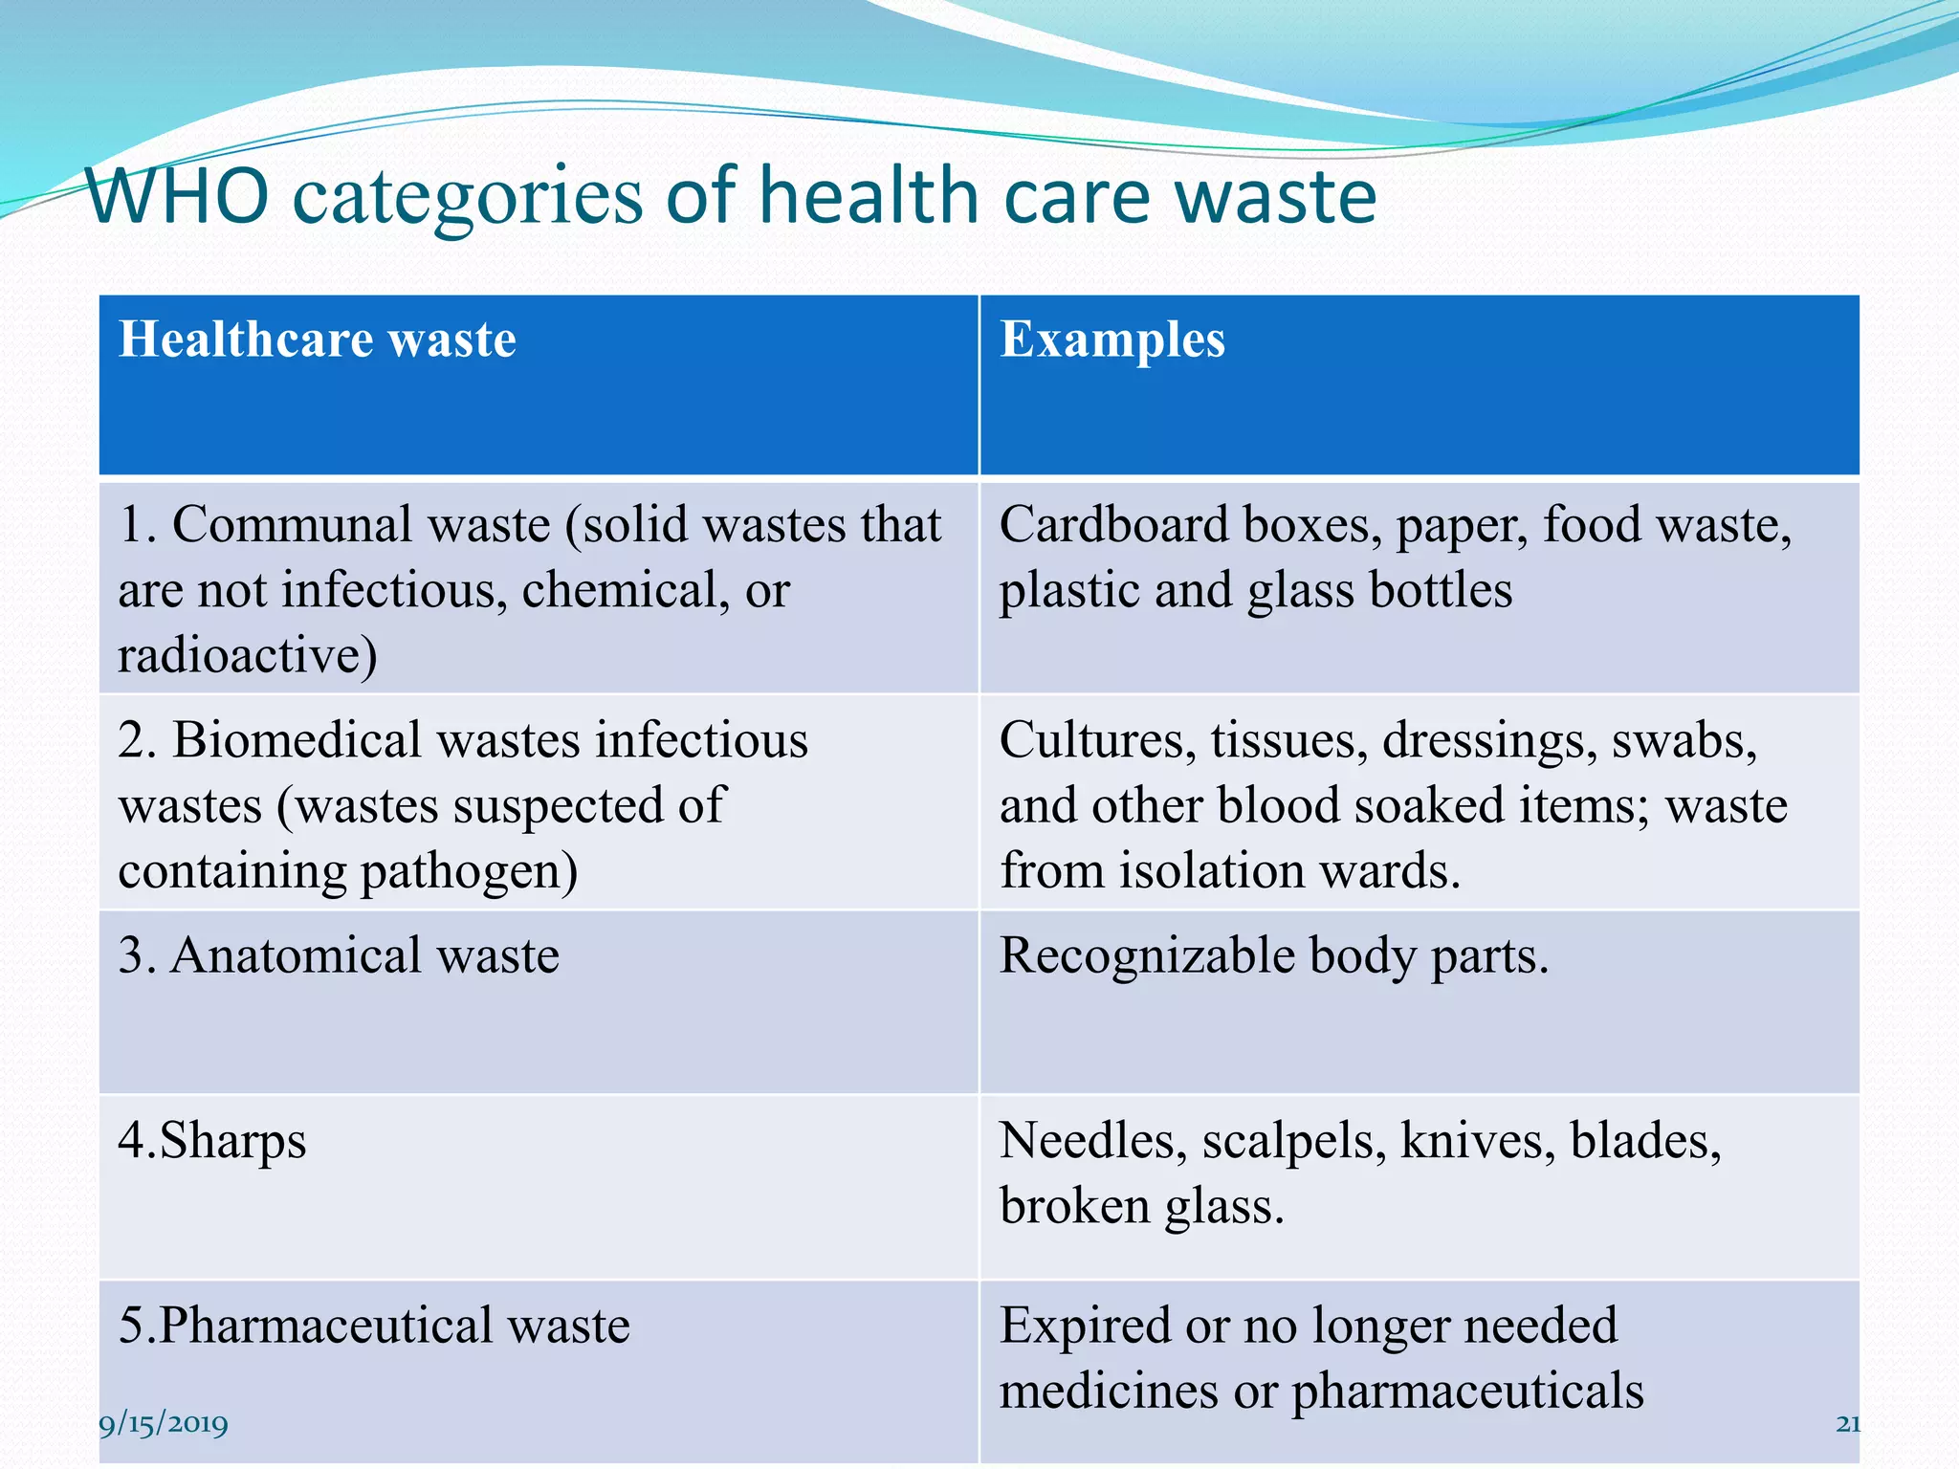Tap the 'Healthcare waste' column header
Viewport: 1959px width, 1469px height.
318,340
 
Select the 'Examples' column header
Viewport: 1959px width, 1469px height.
1112,340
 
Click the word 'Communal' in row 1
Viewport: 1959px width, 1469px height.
293,525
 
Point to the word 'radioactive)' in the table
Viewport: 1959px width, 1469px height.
248,656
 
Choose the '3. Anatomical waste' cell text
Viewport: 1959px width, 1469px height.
339,956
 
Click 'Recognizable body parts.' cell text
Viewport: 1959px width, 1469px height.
1273,956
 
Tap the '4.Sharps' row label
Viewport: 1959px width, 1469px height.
212,1141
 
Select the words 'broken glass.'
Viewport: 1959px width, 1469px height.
1141,1206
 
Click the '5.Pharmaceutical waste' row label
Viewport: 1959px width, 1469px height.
374,1326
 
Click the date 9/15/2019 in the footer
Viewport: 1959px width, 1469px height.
164,1424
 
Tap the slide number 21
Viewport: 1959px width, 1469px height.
1848,1424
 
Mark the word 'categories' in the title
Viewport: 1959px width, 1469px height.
468,198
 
